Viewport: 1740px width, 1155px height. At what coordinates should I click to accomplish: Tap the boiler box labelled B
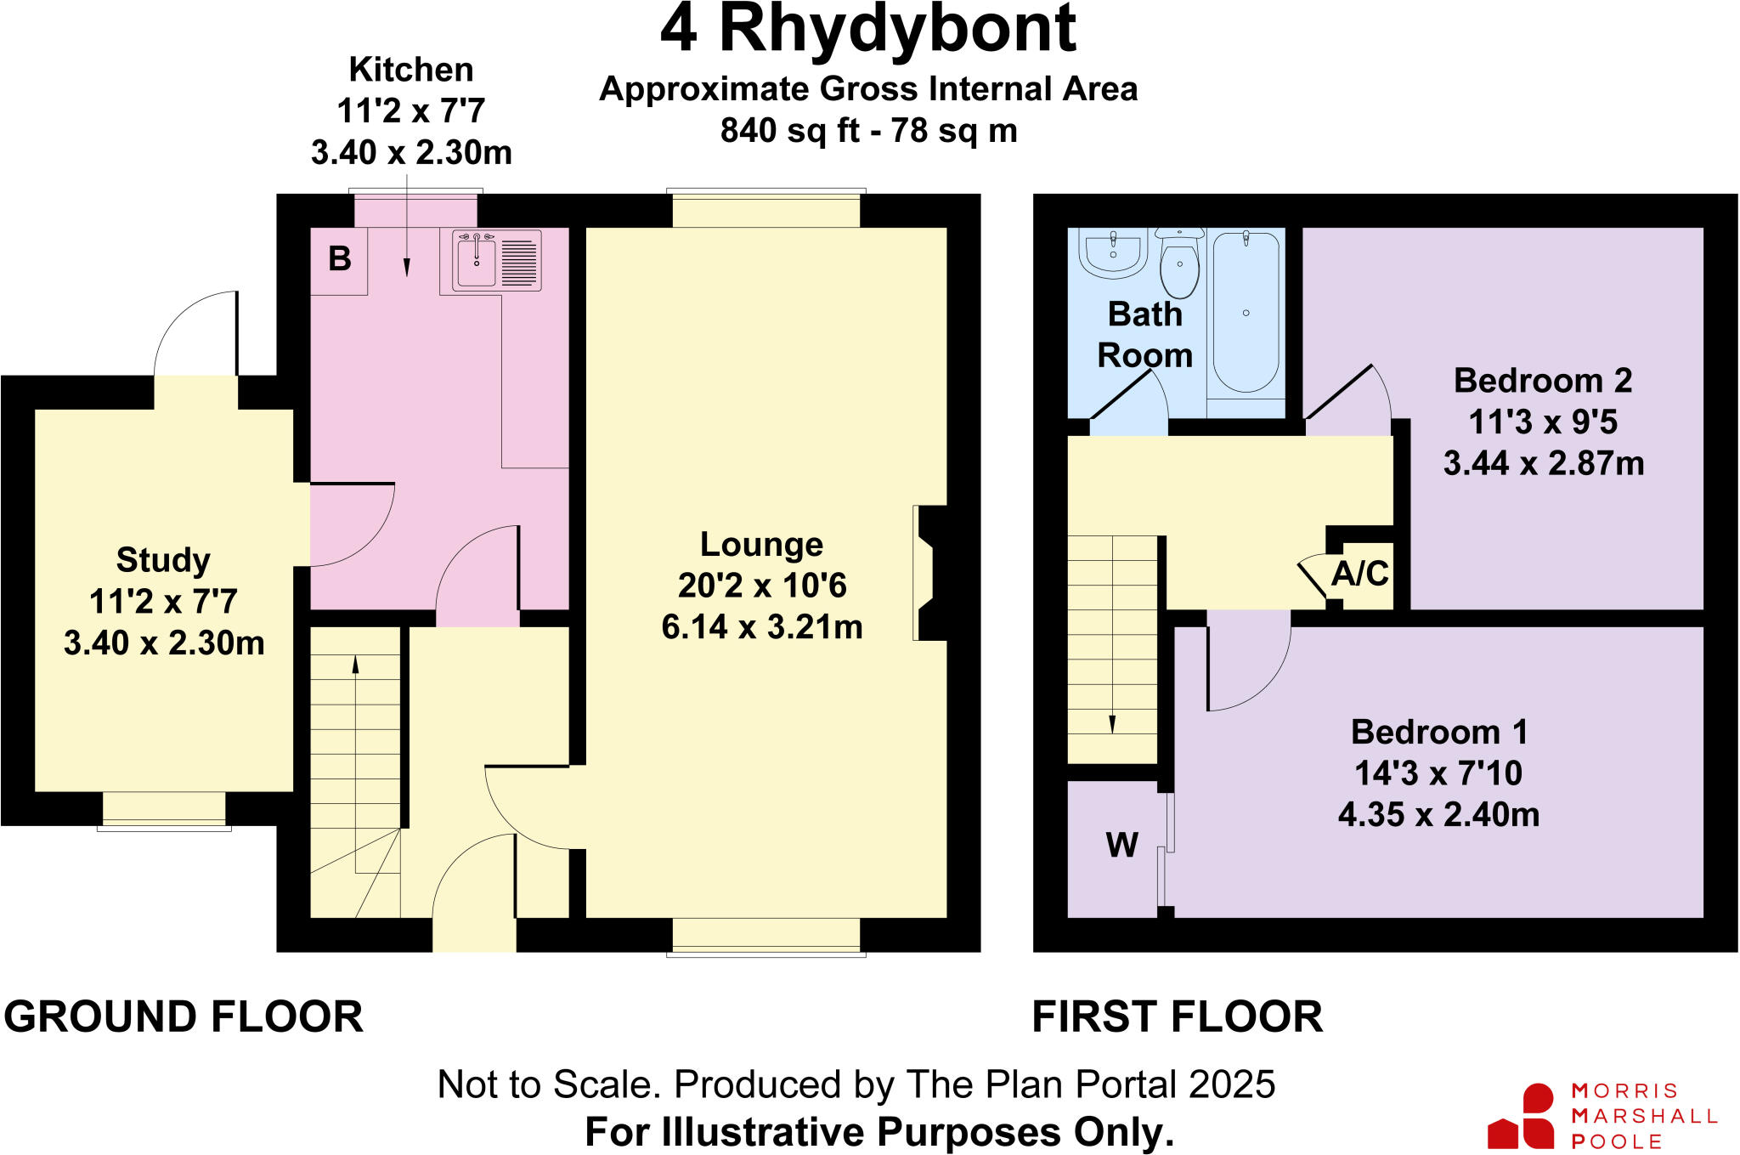[x=339, y=259]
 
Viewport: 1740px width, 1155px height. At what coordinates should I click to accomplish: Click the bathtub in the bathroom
[x=1246, y=314]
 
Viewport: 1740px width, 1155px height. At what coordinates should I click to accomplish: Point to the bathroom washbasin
[x=1113, y=252]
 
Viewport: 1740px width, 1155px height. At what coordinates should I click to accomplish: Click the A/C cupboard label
[x=1359, y=574]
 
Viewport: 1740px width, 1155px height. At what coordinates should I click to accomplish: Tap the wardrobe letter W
[x=1121, y=845]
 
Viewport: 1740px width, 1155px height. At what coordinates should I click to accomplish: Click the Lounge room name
[x=761, y=544]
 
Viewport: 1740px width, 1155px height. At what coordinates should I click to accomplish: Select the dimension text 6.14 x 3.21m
[x=761, y=627]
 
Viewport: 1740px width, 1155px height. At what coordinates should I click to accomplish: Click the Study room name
[x=163, y=560]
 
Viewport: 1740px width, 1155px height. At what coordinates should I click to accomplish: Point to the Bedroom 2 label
[x=1543, y=380]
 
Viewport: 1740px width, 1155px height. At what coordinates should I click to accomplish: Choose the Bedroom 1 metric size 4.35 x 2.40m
[x=1438, y=814]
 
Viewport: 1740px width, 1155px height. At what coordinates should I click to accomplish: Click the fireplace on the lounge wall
[x=928, y=573]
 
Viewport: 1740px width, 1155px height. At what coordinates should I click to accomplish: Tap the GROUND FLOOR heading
[x=184, y=1016]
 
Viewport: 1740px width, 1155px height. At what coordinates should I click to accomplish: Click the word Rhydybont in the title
[x=897, y=31]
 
